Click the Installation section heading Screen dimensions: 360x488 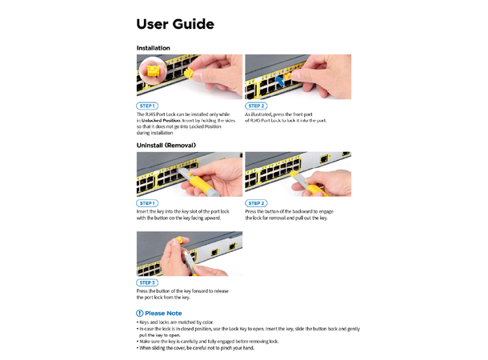pos(153,48)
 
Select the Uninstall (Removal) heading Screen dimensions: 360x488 pos(166,145)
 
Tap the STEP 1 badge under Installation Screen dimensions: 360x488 pos(147,106)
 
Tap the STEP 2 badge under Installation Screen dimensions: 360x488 pos(256,106)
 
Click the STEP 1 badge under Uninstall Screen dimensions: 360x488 pos(147,203)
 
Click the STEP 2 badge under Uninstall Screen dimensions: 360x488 pos(256,203)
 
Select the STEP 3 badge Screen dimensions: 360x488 pos(147,282)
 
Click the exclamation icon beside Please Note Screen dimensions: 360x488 pos(140,313)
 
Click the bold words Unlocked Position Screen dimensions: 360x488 pos(160,120)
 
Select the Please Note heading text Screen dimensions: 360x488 pos(163,313)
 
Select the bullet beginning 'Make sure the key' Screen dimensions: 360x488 pos(208,342)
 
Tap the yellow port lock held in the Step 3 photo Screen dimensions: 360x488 pos(182,240)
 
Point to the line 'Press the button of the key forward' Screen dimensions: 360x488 pos(182,290)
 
